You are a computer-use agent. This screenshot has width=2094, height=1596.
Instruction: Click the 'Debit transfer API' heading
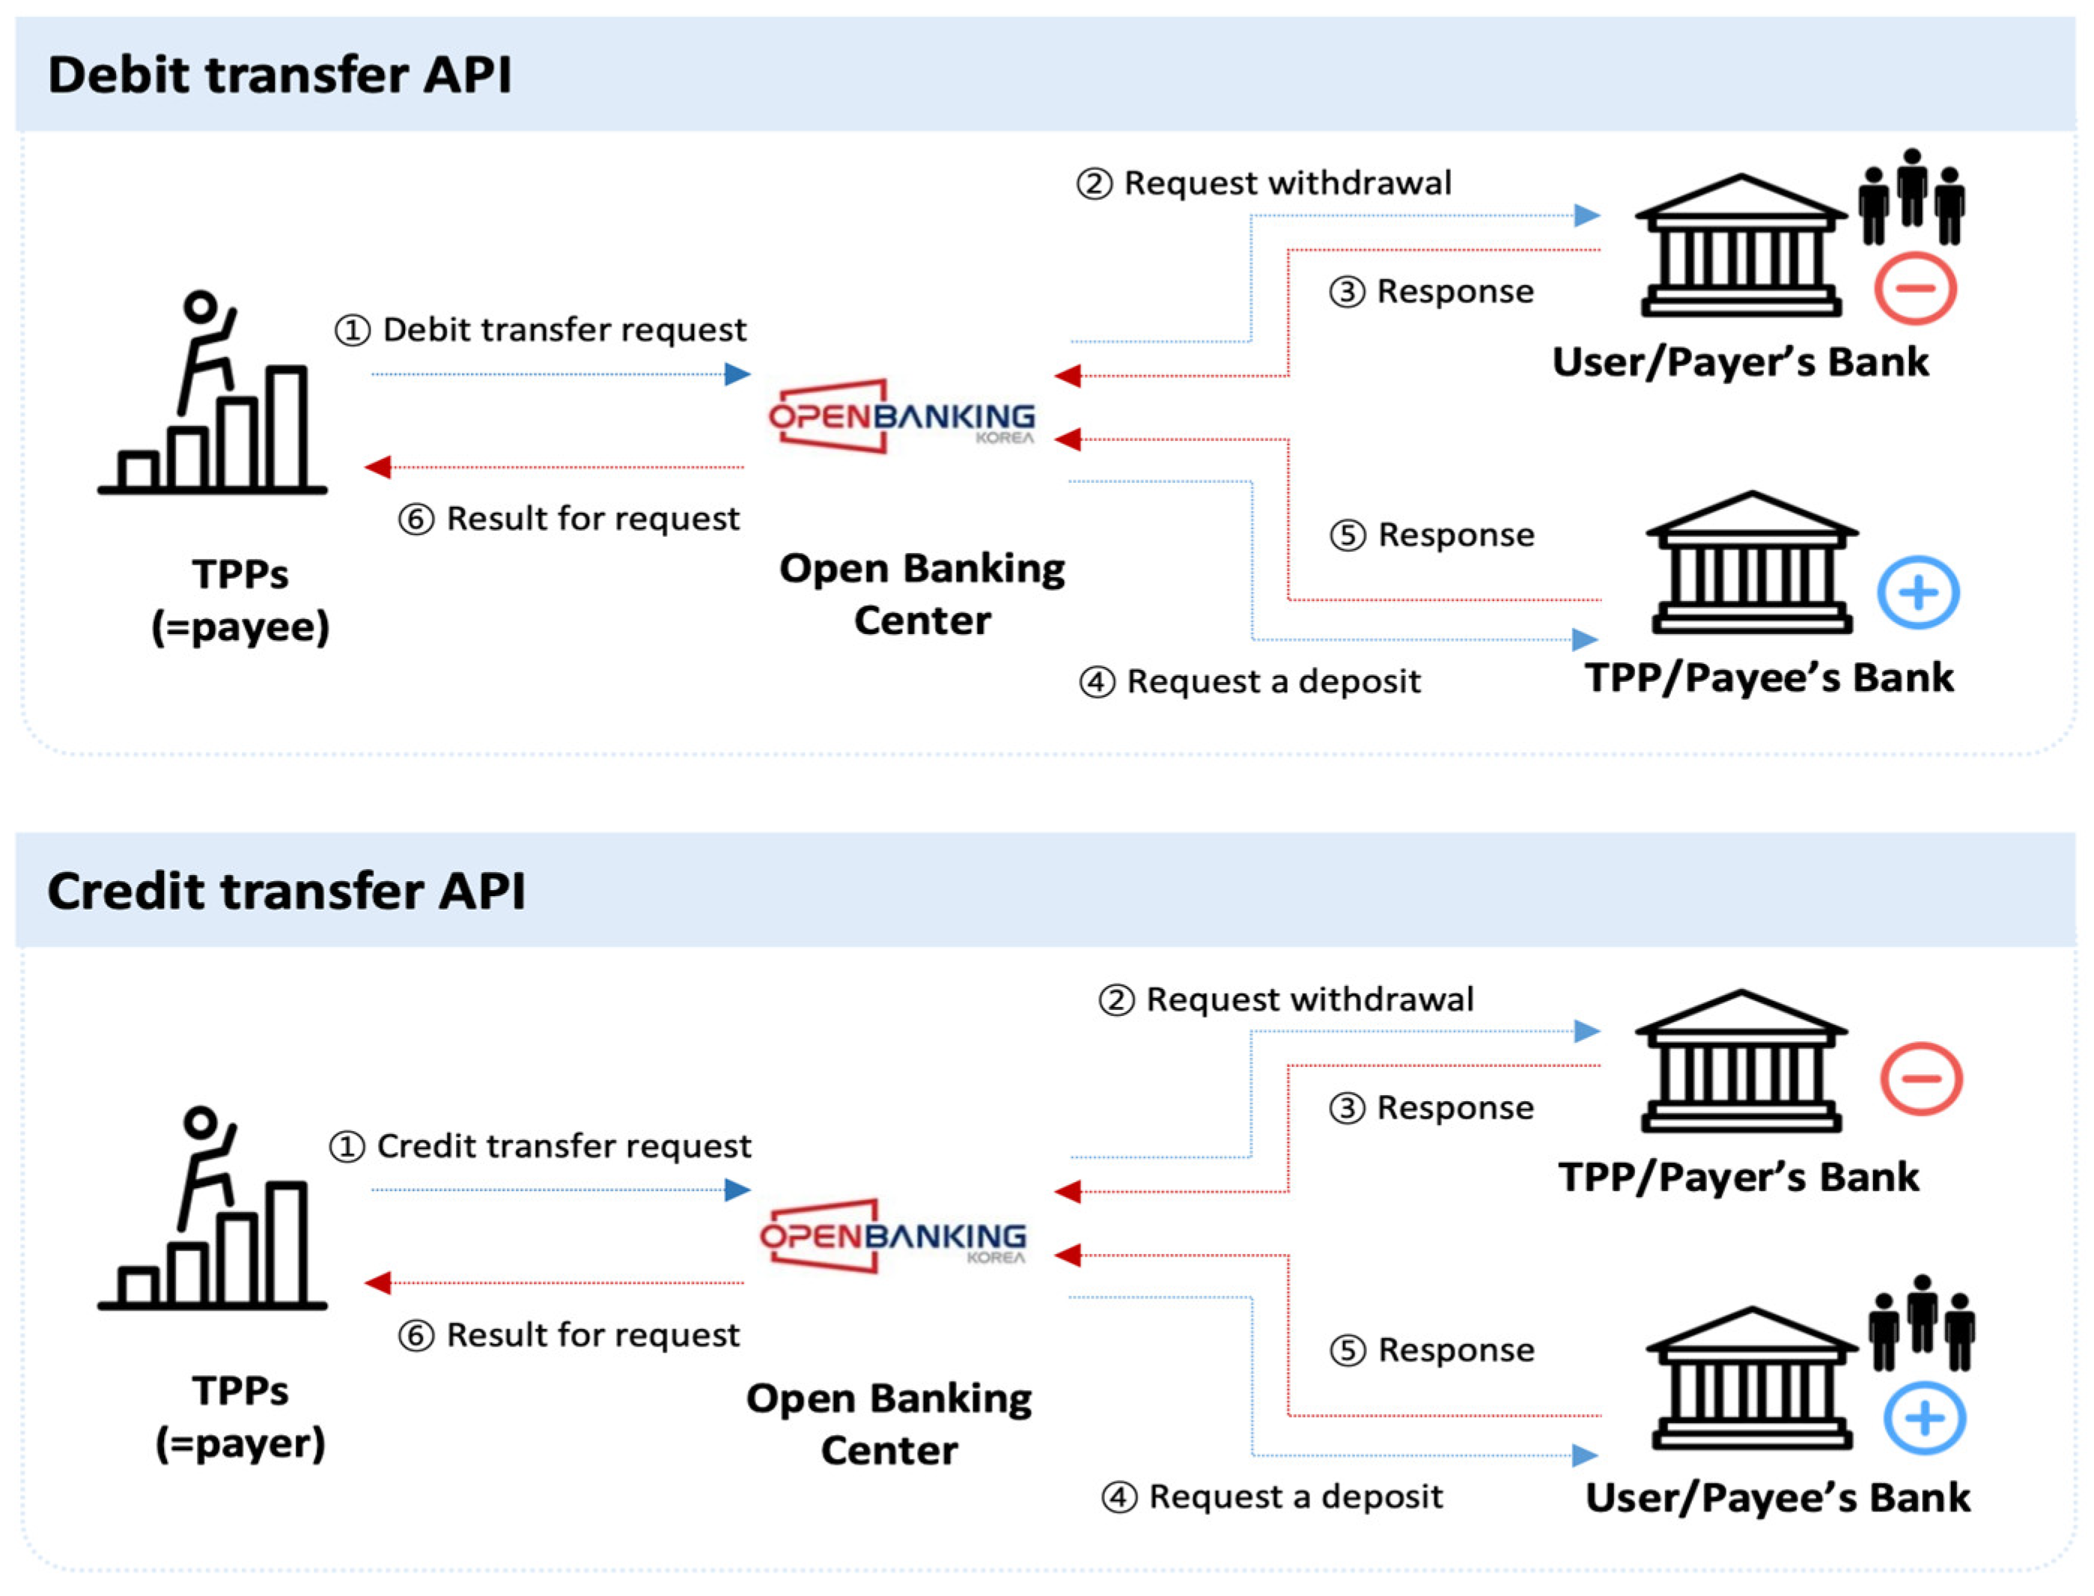(x=279, y=74)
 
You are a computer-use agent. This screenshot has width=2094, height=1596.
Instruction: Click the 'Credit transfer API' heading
(x=286, y=890)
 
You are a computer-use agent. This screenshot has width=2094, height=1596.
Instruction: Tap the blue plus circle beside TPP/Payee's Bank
(x=1917, y=593)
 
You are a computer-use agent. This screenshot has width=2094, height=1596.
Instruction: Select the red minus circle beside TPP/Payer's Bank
(x=1920, y=1077)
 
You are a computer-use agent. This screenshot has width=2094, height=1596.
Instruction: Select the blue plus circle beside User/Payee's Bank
(x=1924, y=1419)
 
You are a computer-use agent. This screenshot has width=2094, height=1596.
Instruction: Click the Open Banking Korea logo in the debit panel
(x=901, y=417)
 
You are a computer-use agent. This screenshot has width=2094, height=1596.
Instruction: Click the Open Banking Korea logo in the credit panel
(x=893, y=1235)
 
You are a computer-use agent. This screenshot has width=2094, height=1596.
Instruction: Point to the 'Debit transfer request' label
(x=564, y=329)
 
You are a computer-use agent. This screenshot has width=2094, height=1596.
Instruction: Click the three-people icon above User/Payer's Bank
(x=1911, y=197)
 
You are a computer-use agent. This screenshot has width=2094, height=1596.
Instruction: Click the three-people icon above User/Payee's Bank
(x=1921, y=1323)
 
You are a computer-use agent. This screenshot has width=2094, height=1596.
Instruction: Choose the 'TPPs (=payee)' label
(x=240, y=600)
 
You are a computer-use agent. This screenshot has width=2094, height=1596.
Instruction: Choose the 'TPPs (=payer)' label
(x=240, y=1416)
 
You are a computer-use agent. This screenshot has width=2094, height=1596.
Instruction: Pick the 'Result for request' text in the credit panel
(x=592, y=1335)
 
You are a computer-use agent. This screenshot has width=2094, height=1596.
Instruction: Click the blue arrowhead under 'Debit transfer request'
(x=737, y=374)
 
